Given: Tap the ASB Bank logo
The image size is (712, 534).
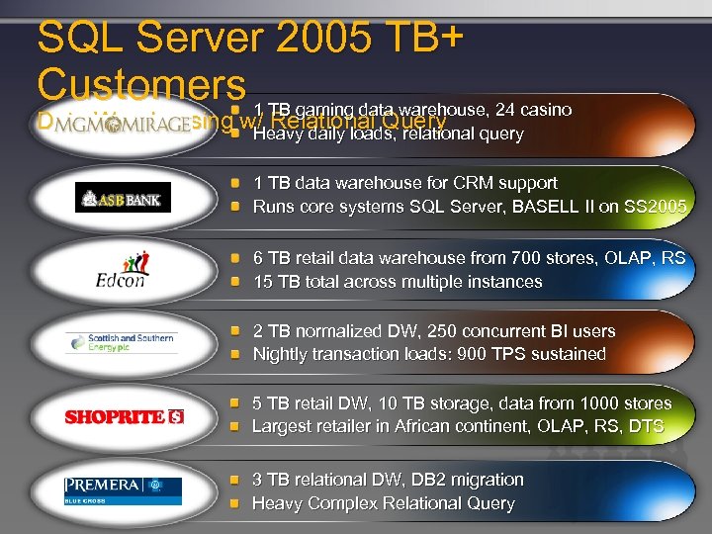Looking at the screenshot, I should (123, 198).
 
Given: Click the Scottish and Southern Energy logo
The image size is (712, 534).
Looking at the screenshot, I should (122, 342).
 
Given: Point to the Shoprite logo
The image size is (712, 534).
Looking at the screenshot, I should (124, 416).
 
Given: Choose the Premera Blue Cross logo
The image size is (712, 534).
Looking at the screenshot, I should (123, 489).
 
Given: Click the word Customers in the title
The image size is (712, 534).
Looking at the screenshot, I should (140, 83).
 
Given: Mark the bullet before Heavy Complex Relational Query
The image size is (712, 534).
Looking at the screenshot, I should (235, 503).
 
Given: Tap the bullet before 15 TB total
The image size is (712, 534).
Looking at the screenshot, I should (235, 282).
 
